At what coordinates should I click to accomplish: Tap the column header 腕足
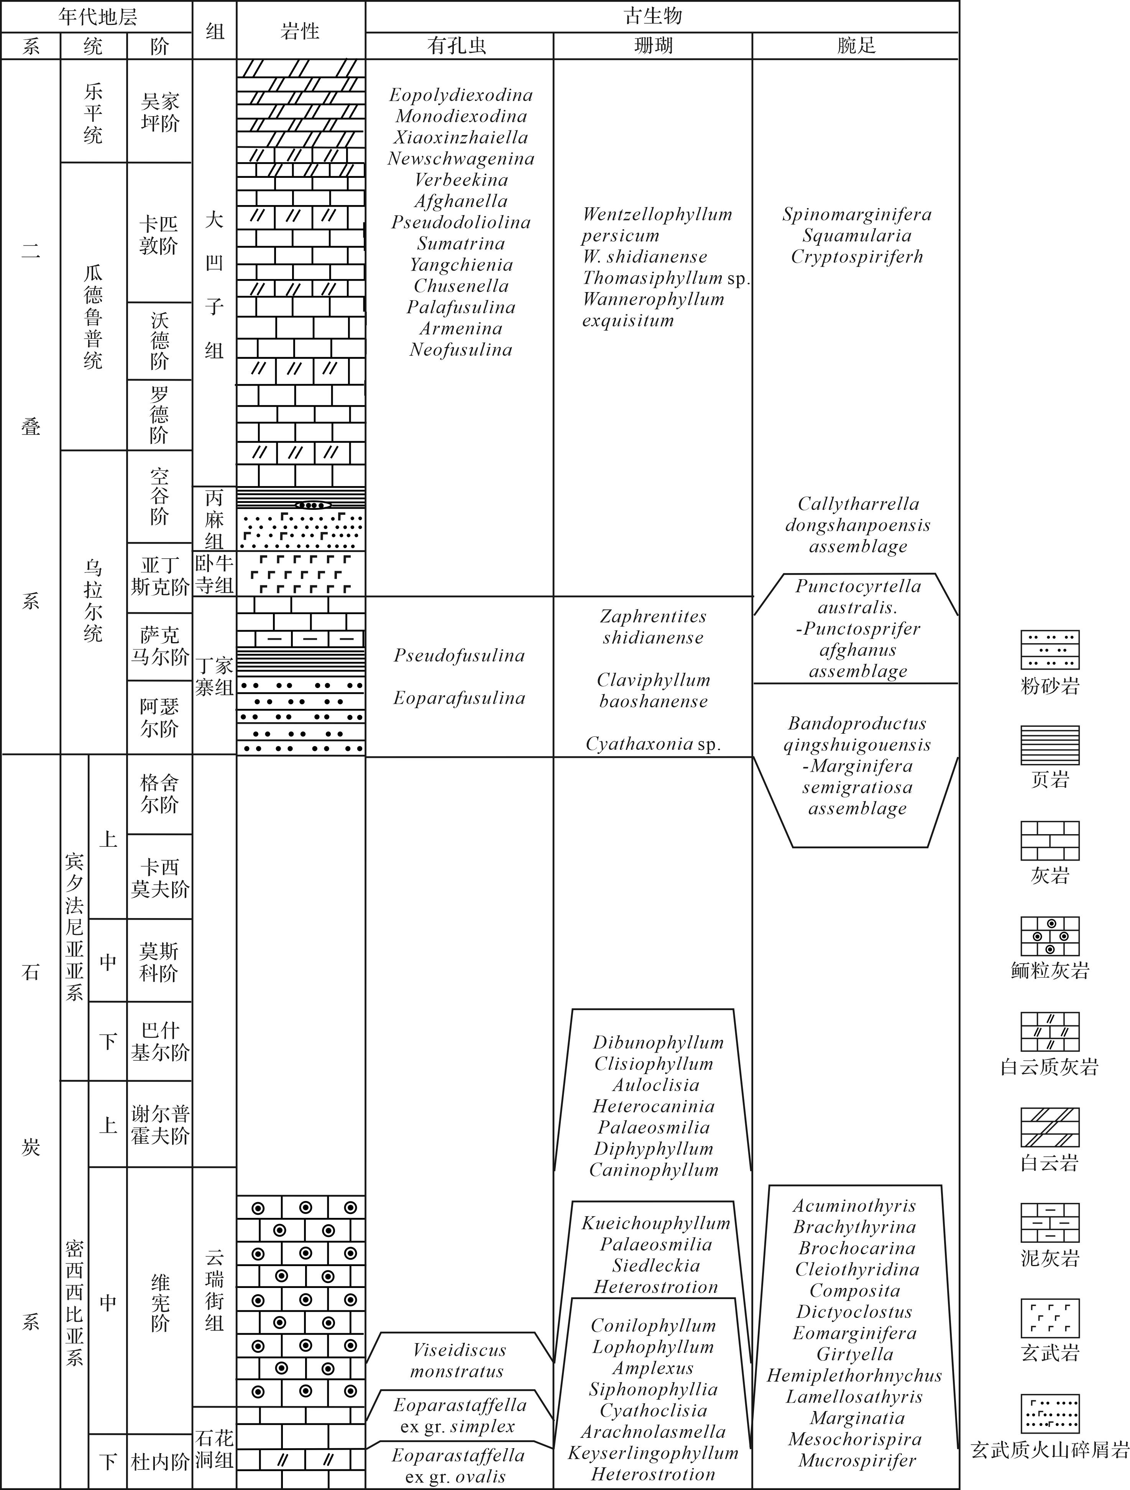tap(855, 46)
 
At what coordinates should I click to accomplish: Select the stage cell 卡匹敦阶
tap(159, 235)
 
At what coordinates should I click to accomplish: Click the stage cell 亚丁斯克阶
tap(159, 576)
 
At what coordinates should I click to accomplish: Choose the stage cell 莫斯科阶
tap(159, 961)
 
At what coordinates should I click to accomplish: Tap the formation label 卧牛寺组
tap(214, 574)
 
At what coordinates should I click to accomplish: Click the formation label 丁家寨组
tap(214, 676)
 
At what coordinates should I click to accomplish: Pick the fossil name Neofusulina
tap(461, 350)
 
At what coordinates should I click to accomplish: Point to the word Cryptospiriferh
tap(857, 257)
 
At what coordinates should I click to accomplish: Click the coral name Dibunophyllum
tap(658, 1043)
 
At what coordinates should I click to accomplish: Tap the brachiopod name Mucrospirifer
tap(857, 1460)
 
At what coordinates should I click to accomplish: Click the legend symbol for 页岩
tap(1050, 744)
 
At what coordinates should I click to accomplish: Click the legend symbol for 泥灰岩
tap(1050, 1222)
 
